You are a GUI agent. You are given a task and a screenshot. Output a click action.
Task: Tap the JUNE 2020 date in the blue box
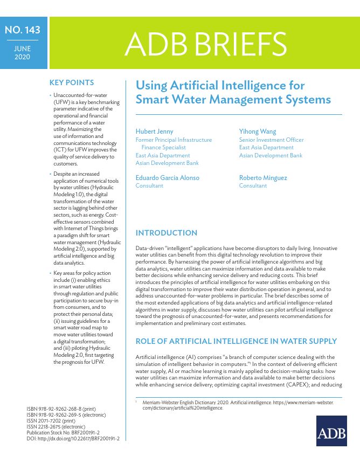tap(23, 52)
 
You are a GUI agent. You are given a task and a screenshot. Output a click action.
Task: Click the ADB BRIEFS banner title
tap(205, 44)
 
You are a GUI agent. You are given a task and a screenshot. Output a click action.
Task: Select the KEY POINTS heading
tap(72, 82)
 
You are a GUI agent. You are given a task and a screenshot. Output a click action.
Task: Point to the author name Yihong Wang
tap(258, 132)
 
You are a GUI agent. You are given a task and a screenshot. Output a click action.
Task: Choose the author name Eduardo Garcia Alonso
tap(167, 177)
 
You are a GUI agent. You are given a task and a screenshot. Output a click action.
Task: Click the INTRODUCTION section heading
tap(167, 233)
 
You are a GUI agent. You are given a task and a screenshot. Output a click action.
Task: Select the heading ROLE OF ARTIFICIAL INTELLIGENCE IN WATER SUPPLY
tap(236, 341)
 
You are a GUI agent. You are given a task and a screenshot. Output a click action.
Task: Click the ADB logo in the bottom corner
tap(331, 431)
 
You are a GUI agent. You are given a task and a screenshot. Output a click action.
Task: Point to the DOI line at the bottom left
tap(73, 439)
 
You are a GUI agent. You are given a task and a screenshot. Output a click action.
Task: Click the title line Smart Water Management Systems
tap(233, 100)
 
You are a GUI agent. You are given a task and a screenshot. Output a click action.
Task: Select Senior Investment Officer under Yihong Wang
tap(271, 140)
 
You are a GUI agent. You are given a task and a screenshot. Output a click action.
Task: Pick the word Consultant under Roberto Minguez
tap(253, 185)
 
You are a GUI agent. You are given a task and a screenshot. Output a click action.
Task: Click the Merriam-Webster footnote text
tap(237, 405)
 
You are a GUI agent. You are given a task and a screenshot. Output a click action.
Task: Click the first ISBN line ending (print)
tap(64, 410)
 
